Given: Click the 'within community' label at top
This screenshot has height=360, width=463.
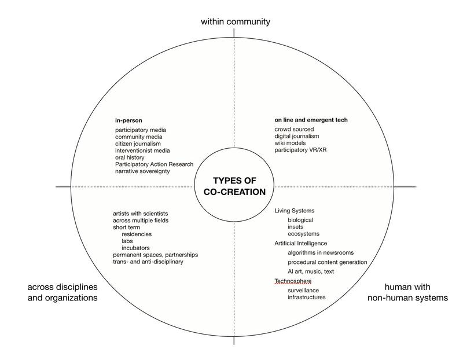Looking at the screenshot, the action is (x=236, y=22).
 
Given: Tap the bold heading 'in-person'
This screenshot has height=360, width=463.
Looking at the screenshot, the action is (x=128, y=120).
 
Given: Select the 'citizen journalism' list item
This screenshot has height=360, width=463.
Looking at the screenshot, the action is (x=138, y=144).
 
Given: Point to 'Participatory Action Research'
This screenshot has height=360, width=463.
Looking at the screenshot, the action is (x=154, y=164).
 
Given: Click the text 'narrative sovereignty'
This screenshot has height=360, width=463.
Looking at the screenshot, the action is (x=142, y=171).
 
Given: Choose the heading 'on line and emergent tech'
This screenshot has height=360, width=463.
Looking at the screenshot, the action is (x=311, y=120).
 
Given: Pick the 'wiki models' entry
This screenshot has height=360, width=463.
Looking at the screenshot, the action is (x=290, y=143).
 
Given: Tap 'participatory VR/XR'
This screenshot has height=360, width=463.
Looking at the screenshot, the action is (x=300, y=150).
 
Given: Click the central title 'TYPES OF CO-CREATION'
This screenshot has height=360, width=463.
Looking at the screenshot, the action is (x=234, y=186).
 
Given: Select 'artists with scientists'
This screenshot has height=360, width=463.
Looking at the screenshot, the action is (x=140, y=214).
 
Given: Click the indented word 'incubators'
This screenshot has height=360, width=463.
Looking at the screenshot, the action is (x=135, y=248).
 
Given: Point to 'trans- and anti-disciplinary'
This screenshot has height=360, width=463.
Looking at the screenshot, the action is (x=148, y=262).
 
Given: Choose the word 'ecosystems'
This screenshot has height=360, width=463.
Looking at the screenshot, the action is (x=303, y=234).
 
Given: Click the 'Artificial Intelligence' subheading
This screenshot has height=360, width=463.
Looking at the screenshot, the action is (x=300, y=243).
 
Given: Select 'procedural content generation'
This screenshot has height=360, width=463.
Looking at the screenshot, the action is (x=328, y=262).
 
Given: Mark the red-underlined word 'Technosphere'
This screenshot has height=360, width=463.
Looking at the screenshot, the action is (x=293, y=281).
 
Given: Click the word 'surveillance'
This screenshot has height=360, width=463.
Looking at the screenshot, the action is (x=303, y=291).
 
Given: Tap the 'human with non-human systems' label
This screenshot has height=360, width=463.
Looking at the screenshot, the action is (x=407, y=292).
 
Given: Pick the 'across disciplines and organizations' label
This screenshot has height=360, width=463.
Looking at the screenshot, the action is (x=63, y=292).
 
